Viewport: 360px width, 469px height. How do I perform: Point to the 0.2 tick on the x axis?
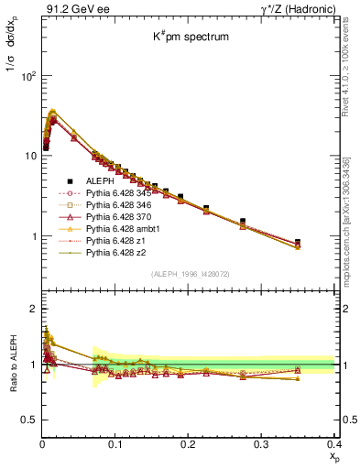(x=189, y=443)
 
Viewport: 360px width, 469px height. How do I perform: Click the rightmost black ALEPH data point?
(x=322, y=243)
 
